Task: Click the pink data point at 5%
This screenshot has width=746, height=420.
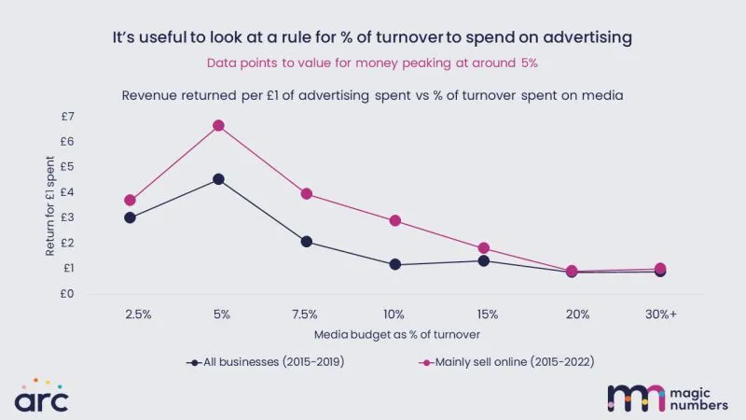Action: click(x=218, y=125)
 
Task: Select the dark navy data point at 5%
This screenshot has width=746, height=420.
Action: click(x=218, y=179)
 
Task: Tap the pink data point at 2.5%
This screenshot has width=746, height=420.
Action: click(x=131, y=200)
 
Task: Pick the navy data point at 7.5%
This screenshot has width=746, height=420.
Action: click(x=306, y=242)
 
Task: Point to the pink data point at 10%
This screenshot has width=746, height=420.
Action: click(x=395, y=221)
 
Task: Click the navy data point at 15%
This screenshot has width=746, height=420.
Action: click(x=484, y=260)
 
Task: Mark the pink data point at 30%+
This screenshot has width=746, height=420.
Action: click(x=660, y=269)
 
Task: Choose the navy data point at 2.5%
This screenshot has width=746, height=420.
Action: click(x=131, y=217)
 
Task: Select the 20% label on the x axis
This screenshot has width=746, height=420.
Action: click(x=572, y=315)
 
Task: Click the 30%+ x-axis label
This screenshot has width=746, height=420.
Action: click(x=660, y=315)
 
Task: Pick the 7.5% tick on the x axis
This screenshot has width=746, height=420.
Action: click(x=306, y=315)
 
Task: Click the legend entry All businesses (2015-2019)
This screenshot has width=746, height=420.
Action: click(x=266, y=361)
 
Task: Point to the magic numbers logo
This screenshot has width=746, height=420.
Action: click(x=664, y=397)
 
